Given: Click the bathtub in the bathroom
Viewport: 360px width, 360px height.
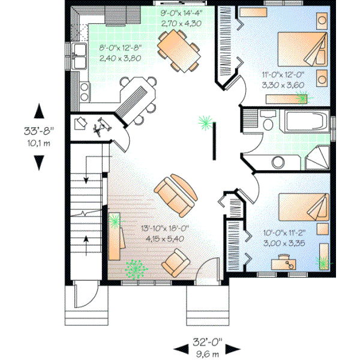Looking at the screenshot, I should coord(307,122).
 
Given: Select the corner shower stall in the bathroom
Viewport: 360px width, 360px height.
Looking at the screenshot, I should coord(318,159).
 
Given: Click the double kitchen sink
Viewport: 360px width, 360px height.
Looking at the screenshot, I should coord(79,56).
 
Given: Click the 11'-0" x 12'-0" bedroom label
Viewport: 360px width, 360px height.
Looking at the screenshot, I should coord(283,79).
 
